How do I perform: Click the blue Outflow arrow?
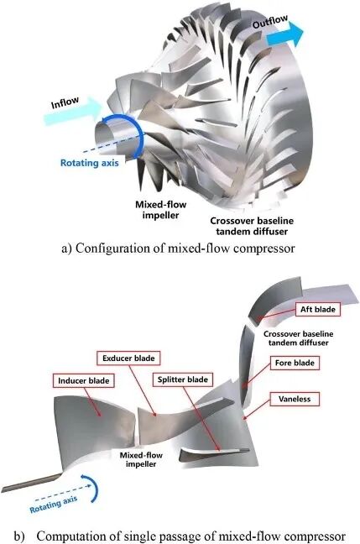285,34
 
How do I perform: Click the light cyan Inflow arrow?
74,110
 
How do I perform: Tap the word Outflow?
270,22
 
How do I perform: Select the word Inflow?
65,102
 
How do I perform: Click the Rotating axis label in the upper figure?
90,163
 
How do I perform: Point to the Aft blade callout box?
318,309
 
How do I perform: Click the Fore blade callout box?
295,363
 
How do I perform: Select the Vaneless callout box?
295,399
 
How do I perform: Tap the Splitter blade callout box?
183,379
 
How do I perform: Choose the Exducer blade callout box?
128,358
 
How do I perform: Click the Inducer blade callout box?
84,380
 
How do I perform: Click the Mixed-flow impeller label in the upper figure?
160,210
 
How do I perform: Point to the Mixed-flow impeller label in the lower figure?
141,459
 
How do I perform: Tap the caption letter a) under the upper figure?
66,248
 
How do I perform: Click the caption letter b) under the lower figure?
19,536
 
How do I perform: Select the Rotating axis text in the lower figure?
54,505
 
